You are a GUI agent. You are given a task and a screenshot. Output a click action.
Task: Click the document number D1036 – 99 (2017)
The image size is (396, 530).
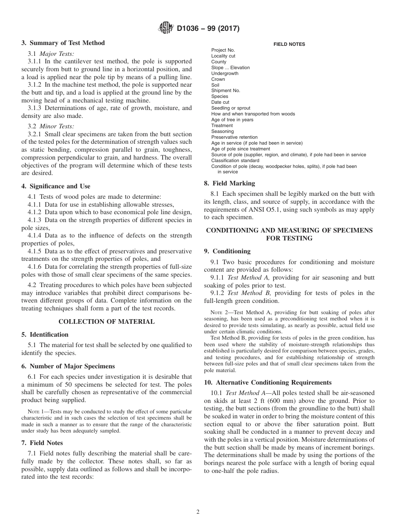[208, 29]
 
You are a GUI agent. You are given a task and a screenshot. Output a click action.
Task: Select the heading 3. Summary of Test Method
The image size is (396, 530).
[63, 43]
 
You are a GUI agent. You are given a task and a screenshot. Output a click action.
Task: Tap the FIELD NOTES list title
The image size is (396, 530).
[289, 44]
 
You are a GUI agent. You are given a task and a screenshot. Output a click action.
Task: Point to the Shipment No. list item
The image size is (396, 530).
[226, 90]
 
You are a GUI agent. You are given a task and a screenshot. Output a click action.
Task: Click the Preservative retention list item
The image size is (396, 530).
[234, 137]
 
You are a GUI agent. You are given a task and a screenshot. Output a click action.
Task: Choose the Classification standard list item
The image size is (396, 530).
[235, 160]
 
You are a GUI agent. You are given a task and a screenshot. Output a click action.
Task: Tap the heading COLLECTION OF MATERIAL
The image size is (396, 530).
[106, 322]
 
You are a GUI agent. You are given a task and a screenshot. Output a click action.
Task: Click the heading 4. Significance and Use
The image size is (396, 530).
[56, 186]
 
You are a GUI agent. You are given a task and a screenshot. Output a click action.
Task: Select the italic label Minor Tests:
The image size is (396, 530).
[57, 126]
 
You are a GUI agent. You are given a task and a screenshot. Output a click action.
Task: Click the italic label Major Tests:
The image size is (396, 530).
[57, 54]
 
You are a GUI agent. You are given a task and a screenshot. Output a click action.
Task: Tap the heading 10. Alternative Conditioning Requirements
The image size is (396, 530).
[268, 382]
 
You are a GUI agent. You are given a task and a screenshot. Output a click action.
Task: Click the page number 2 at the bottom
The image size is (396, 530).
[198, 512]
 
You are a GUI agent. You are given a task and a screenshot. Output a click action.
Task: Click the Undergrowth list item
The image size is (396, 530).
[225, 73]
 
